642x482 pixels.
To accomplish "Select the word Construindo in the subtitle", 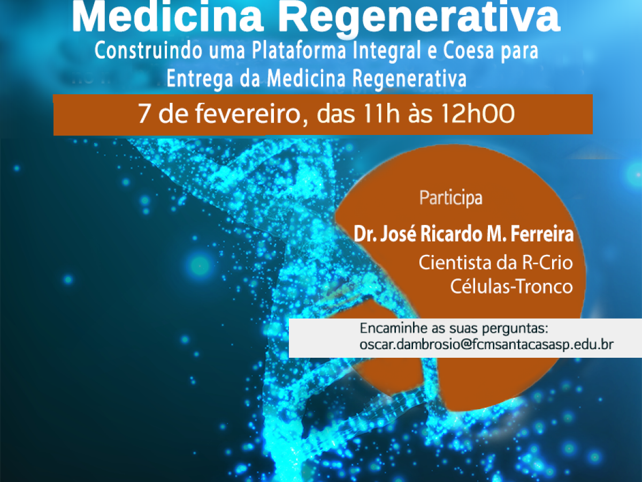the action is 148,50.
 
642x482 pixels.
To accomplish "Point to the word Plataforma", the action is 299,50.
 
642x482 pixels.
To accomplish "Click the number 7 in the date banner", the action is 144,113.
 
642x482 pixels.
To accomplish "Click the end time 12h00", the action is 478,113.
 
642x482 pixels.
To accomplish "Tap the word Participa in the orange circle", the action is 450,198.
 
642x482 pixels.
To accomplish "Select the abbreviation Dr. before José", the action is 365,234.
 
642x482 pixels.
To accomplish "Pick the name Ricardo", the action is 448,234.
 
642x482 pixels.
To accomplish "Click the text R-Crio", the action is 547,262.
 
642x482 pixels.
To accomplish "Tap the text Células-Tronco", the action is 511,286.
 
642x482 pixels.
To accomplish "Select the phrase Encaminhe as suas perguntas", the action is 454,329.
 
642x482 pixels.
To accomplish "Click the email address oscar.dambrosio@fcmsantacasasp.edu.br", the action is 486,344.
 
